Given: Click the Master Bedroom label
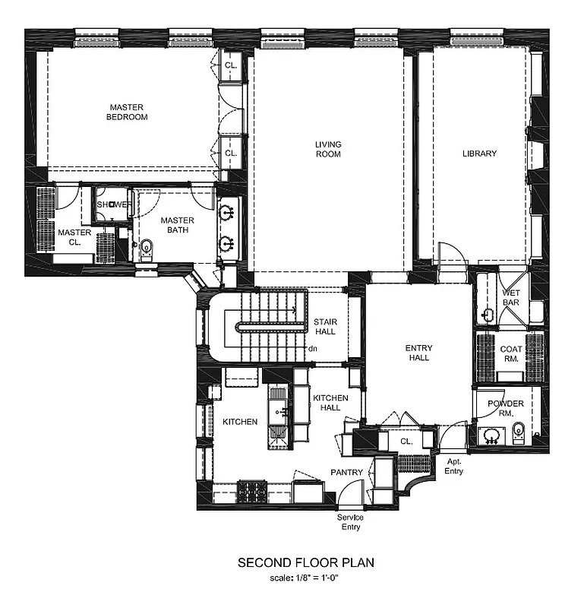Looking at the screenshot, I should [127, 112].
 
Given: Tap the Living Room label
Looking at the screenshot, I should [328, 149].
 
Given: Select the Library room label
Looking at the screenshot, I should [479, 154].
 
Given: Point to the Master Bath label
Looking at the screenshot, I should [177, 225].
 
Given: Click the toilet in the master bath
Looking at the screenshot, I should [147, 246].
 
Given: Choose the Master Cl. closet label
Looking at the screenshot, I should [74, 238].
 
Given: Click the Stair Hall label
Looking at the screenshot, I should [325, 327].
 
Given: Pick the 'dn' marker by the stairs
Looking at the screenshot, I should [311, 350].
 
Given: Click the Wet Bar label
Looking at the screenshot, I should [510, 297].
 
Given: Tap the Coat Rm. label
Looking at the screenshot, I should [510, 354].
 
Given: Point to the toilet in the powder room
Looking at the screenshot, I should [519, 433].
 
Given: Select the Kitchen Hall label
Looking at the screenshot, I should [330, 403].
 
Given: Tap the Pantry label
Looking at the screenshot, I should [346, 473].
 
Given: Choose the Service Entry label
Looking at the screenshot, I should [350, 522].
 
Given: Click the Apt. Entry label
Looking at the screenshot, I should [454, 467].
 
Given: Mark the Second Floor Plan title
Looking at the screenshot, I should [306, 563].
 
